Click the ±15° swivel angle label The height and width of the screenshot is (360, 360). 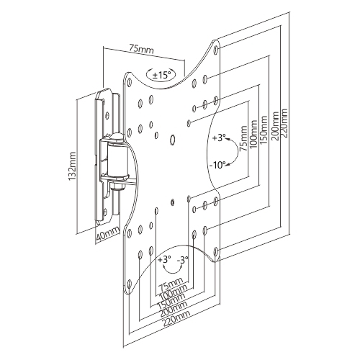(x=161, y=75)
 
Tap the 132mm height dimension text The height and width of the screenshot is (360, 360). (x=72, y=166)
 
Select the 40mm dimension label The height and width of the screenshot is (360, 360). (x=108, y=234)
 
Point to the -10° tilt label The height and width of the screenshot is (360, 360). (x=217, y=165)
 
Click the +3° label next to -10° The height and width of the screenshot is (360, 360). (x=219, y=138)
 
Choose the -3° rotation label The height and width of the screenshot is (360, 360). (x=183, y=260)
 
